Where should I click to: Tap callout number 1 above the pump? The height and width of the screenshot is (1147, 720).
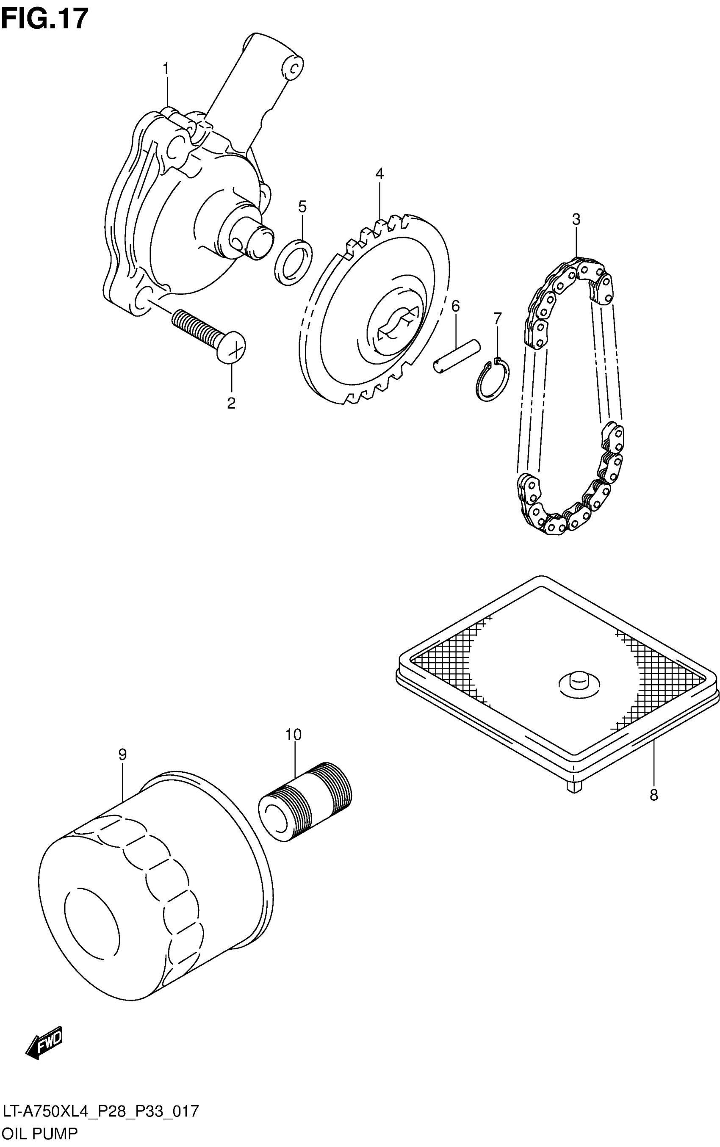(x=166, y=69)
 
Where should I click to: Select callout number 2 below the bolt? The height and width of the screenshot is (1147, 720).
(x=231, y=404)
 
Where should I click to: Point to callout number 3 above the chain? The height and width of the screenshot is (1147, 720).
(x=576, y=220)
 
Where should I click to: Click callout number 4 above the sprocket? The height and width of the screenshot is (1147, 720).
(x=379, y=174)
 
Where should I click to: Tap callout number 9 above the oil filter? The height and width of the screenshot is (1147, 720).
(x=122, y=755)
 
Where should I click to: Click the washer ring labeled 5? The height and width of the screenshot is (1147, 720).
(x=294, y=262)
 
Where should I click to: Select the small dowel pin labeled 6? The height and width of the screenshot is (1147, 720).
(x=457, y=354)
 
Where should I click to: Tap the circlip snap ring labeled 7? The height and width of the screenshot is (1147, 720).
(x=493, y=381)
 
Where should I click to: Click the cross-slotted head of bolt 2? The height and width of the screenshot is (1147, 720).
(x=233, y=348)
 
